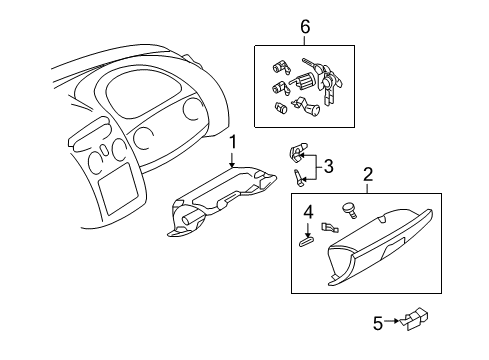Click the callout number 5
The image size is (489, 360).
378,322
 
